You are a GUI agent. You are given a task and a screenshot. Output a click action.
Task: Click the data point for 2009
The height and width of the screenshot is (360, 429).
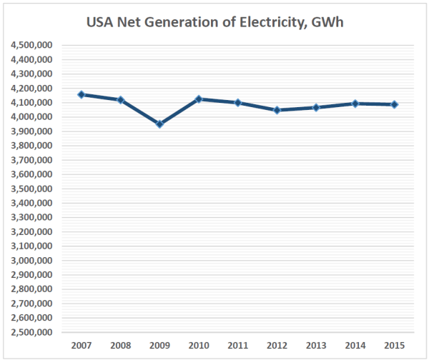point(160,124)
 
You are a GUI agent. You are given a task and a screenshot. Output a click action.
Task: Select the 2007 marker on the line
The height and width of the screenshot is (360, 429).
point(82,94)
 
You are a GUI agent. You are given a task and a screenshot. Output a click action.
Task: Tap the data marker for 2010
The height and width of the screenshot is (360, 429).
point(199,99)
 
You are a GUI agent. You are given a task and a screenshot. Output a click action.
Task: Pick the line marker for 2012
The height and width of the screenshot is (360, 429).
point(277,110)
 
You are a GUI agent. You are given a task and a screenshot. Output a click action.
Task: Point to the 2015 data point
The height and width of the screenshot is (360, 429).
point(394,104)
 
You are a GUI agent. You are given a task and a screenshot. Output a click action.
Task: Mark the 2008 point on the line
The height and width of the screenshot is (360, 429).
point(121,100)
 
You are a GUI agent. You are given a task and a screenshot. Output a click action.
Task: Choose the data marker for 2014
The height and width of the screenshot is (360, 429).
point(355,104)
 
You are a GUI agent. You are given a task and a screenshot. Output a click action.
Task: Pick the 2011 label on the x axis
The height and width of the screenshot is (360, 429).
point(238,346)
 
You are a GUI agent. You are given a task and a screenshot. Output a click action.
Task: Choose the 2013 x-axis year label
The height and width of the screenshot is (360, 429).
point(316,346)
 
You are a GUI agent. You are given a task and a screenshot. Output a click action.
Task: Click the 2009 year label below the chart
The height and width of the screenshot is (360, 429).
point(160,346)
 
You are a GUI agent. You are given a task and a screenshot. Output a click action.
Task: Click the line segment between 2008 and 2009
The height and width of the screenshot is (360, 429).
point(141,112)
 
